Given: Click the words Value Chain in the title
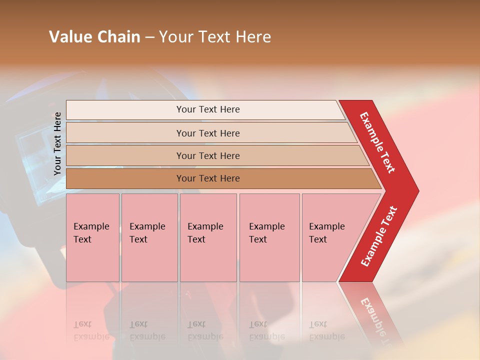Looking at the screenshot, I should (94, 37).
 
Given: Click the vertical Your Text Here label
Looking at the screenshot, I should (57, 143).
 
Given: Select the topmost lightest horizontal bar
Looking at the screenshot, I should (125, 110).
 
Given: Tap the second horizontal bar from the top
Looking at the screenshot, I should (125, 133).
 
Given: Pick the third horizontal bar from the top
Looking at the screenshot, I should (125, 155).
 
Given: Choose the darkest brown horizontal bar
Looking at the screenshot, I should (125, 178).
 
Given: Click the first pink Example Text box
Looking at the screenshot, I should (92, 237).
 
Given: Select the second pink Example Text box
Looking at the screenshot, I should (149, 237).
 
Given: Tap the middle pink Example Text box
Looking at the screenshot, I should (208, 237).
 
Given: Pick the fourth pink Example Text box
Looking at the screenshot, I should (269, 237).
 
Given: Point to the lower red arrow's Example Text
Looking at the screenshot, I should (379, 236).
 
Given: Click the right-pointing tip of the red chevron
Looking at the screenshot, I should (415, 190).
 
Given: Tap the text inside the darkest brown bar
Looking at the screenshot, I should (208, 178).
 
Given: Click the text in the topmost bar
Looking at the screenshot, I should (208, 109).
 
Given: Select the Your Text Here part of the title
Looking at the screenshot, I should (215, 37).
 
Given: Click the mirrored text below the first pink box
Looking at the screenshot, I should (91, 330).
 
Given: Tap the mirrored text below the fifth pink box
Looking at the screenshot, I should (326, 330).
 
